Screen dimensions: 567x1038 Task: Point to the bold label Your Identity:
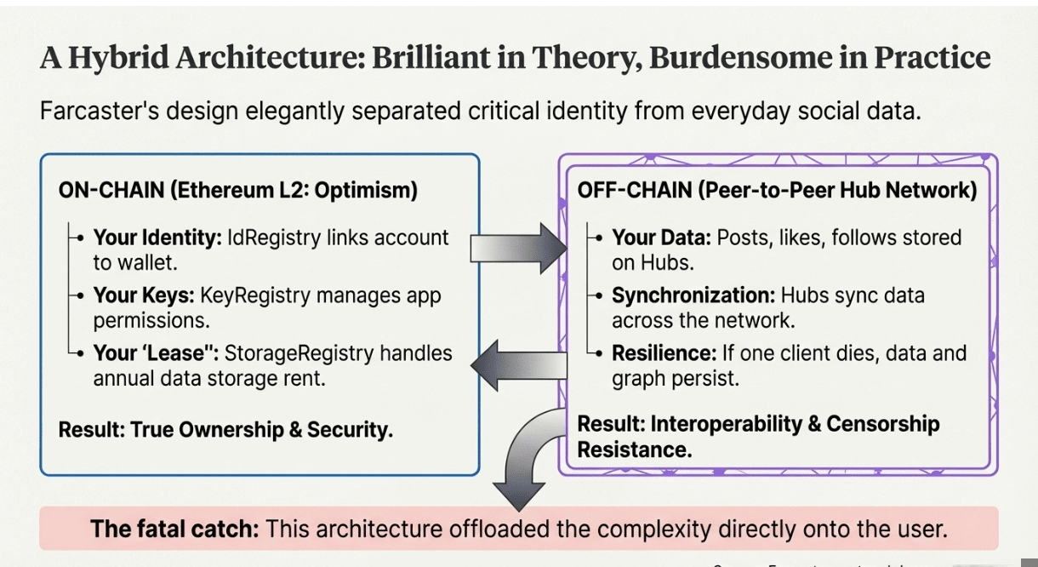157,238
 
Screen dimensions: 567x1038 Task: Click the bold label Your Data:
661,238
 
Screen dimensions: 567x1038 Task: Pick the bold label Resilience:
664,353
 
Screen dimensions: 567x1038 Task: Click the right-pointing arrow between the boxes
519,247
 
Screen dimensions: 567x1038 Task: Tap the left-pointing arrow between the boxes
519,366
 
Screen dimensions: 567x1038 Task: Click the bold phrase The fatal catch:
174,529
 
